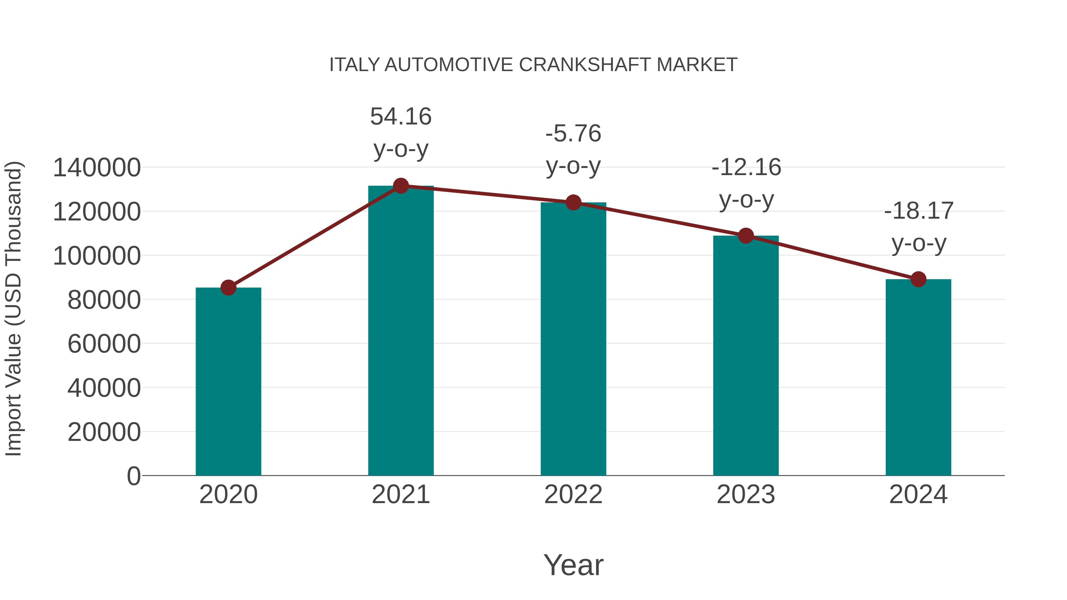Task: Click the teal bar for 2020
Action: click(x=228, y=381)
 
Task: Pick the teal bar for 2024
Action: click(x=918, y=377)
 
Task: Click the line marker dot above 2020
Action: click(x=228, y=287)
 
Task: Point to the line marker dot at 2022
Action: click(x=573, y=202)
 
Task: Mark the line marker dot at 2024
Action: click(x=918, y=279)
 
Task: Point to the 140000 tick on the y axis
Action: click(x=97, y=168)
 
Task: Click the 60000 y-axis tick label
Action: click(x=104, y=344)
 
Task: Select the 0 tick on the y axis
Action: click(x=133, y=476)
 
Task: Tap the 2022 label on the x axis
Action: click(x=573, y=495)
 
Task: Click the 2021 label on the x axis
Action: click(x=400, y=495)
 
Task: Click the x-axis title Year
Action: click(x=573, y=565)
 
